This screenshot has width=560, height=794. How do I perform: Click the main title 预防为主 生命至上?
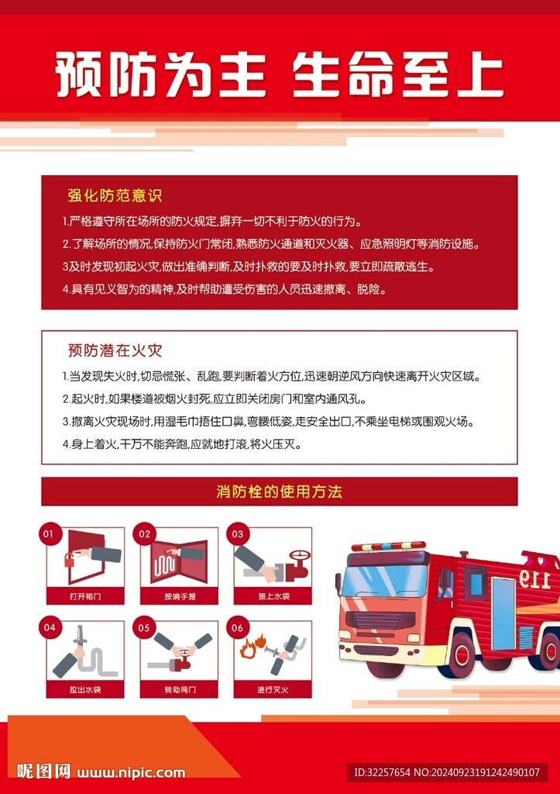280,74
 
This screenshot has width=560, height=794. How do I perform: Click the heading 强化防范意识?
114,195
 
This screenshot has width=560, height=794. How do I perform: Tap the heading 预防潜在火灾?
114,350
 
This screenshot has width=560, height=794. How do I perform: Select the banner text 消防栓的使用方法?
279,492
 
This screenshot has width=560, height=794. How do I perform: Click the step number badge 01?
48,533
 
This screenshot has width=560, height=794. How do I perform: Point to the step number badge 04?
50,627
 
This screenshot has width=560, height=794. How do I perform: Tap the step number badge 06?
237,627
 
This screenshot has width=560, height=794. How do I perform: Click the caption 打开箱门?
85,597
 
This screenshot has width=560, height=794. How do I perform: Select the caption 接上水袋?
273,597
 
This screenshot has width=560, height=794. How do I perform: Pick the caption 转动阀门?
179,689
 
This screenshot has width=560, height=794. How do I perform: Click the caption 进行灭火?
273,689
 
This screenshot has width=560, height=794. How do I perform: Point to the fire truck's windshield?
384,581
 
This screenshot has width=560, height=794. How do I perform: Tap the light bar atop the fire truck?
388,547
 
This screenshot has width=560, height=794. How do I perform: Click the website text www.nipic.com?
132,772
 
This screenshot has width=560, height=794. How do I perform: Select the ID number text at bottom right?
447,772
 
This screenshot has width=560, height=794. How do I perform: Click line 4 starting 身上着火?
182,445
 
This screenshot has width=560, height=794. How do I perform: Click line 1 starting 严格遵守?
211,220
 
